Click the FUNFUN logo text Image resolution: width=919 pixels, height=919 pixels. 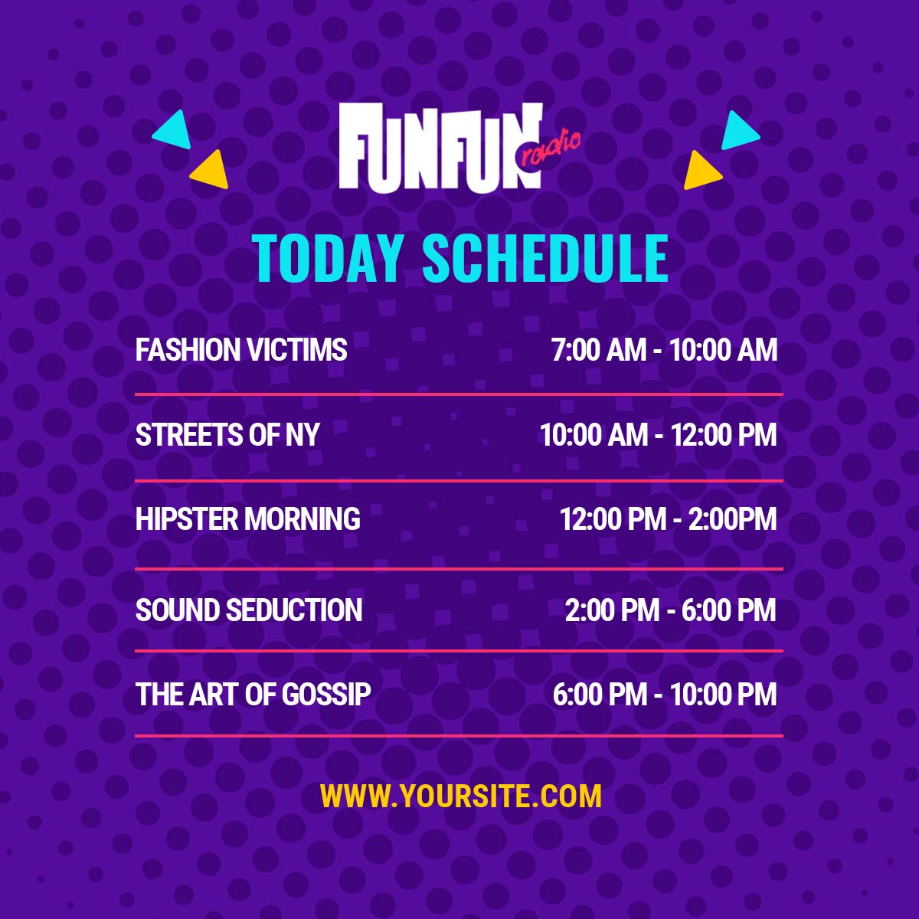440,146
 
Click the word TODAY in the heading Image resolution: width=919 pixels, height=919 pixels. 327,260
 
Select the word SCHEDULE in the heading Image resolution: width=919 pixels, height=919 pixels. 545,260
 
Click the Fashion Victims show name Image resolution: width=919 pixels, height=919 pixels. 241,349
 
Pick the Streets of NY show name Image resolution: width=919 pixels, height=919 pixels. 227,435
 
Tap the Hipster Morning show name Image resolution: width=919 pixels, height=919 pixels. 248,519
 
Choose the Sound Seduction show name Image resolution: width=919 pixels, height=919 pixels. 249,610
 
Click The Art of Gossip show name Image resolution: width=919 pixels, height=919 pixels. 253,694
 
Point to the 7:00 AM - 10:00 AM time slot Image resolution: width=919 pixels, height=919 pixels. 664,349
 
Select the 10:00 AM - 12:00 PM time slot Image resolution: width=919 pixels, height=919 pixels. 659,435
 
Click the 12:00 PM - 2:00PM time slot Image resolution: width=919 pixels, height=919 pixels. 668,519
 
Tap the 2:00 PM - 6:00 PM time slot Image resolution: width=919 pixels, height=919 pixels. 671,610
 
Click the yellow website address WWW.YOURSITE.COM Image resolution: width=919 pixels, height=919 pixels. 461,796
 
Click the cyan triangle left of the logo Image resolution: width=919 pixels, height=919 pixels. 174,131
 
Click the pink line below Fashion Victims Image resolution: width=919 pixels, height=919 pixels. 459,394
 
